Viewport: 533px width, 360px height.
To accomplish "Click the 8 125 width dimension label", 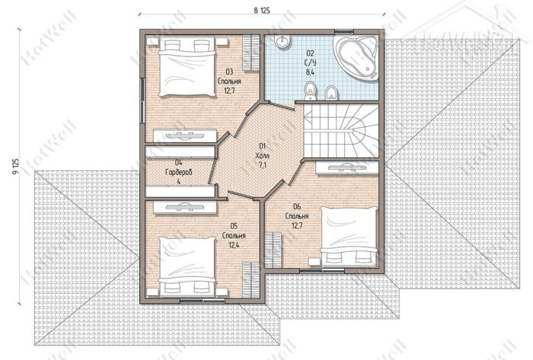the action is pyautogui.click(x=262, y=11).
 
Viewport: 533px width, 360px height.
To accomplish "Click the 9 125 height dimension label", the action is pyautogui.click(x=16, y=167).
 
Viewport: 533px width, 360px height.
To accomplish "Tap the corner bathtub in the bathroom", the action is pyautogui.click(x=356, y=57).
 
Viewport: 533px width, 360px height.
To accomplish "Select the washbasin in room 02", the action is pyautogui.click(x=282, y=41).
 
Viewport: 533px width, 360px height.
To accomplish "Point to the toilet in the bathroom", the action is pyautogui.click(x=310, y=91).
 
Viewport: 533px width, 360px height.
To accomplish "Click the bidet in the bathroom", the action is pyautogui.click(x=331, y=93).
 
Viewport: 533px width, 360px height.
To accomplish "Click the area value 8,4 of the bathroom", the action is pyautogui.click(x=311, y=72).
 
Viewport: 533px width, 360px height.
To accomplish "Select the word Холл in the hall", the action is pyautogui.click(x=263, y=156).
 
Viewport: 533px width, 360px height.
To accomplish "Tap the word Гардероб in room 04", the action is pyautogui.click(x=179, y=172).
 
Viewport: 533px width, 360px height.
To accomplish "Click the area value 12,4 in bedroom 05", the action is pyautogui.click(x=234, y=245).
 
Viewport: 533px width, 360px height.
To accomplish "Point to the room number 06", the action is pyautogui.click(x=297, y=206).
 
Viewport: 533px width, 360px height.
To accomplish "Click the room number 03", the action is pyautogui.click(x=229, y=72).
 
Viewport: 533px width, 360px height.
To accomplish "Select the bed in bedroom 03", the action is pyautogui.click(x=187, y=66).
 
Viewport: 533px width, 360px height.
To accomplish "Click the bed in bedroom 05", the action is pyautogui.click(x=187, y=266).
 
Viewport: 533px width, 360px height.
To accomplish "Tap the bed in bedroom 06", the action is pyautogui.click(x=349, y=237).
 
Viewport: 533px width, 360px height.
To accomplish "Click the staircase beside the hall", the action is pyautogui.click(x=341, y=131).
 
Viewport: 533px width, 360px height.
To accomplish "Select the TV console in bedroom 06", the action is pyautogui.click(x=346, y=167).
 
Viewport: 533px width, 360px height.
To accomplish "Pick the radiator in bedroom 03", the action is pyautogui.click(x=251, y=53).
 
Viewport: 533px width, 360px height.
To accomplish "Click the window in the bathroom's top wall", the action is pyautogui.click(x=344, y=32).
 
